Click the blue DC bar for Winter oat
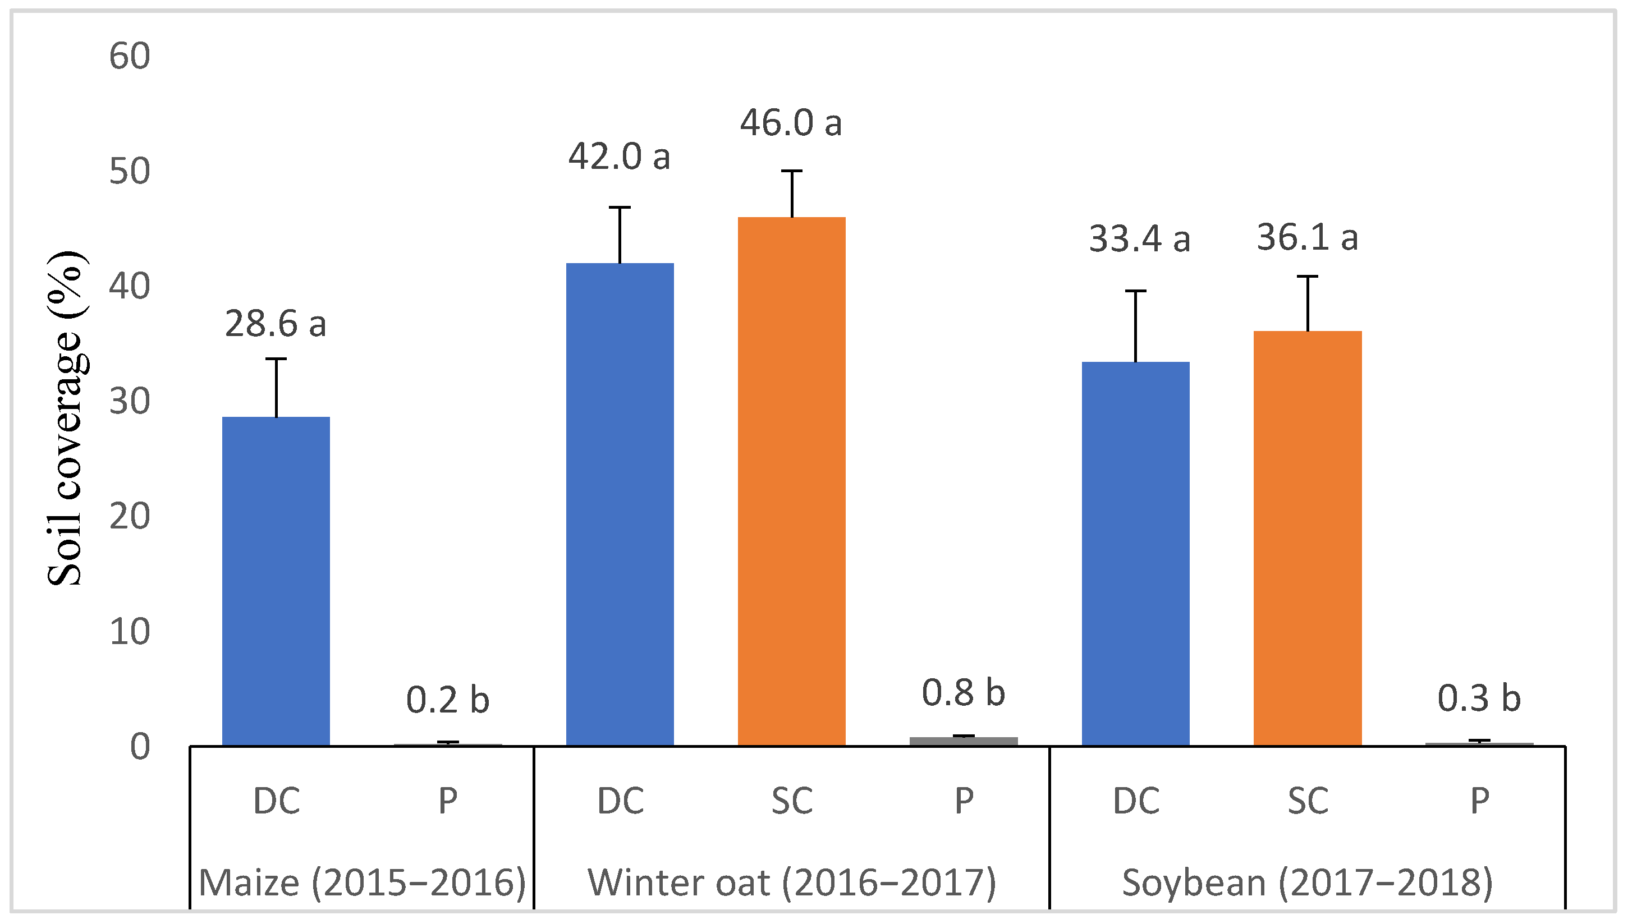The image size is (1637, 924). tap(620, 504)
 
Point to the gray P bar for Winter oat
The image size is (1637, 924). tap(964, 741)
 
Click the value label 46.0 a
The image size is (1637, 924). tap(791, 123)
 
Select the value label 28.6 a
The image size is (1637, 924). tap(275, 324)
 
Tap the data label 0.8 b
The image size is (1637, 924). tap(964, 692)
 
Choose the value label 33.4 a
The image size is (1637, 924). tap(1139, 240)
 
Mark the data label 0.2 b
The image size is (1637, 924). tap(447, 700)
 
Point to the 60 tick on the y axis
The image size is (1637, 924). tap(130, 56)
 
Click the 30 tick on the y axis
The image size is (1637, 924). tap(130, 402)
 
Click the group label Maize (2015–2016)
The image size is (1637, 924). tap(362, 882)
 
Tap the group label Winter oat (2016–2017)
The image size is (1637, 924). tap(792, 882)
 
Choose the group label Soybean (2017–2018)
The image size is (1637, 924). tap(1307, 882)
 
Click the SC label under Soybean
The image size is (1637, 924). tap(1307, 801)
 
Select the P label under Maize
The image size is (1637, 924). tap(447, 801)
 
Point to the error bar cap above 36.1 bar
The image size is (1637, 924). tap(1307, 277)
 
